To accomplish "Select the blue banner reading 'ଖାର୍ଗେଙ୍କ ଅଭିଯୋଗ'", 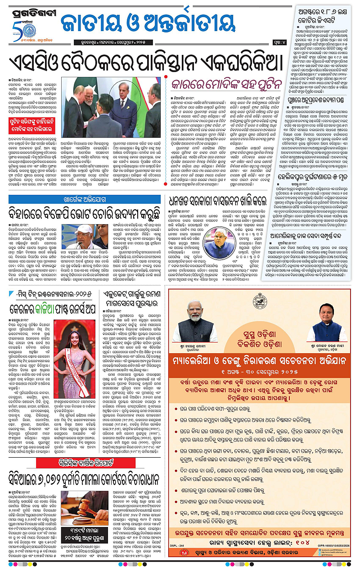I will point(84,199).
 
